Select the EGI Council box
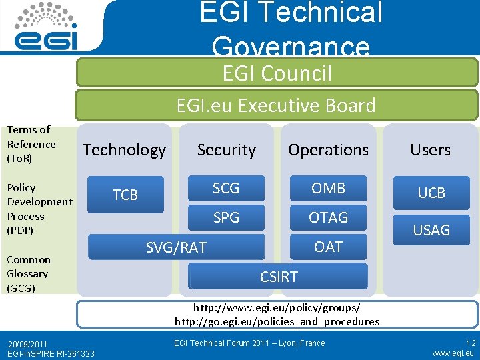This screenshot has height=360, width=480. tap(277, 73)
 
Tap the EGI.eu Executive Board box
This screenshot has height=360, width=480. tap(276, 105)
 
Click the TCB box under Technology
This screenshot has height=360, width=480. tap(125, 195)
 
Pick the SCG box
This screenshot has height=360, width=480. tap(226, 188)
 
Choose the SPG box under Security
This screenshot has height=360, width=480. tap(226, 217)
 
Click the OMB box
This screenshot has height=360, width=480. tap(329, 188)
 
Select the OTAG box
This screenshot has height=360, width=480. tap(329, 217)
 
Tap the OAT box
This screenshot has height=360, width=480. tap(329, 247)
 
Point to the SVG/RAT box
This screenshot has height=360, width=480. tap(177, 248)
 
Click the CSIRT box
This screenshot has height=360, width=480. tap(279, 276)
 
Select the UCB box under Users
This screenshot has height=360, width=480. tap(431, 193)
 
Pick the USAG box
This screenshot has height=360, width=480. tap(431, 230)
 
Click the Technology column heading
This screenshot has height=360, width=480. tap(125, 150)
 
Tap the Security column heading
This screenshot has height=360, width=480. tap(227, 150)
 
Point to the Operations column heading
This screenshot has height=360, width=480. tap(328, 150)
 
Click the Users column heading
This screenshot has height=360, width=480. tap(431, 150)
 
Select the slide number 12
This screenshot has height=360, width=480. tap(471, 343)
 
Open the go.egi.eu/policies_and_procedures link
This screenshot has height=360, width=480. tap(277, 321)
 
